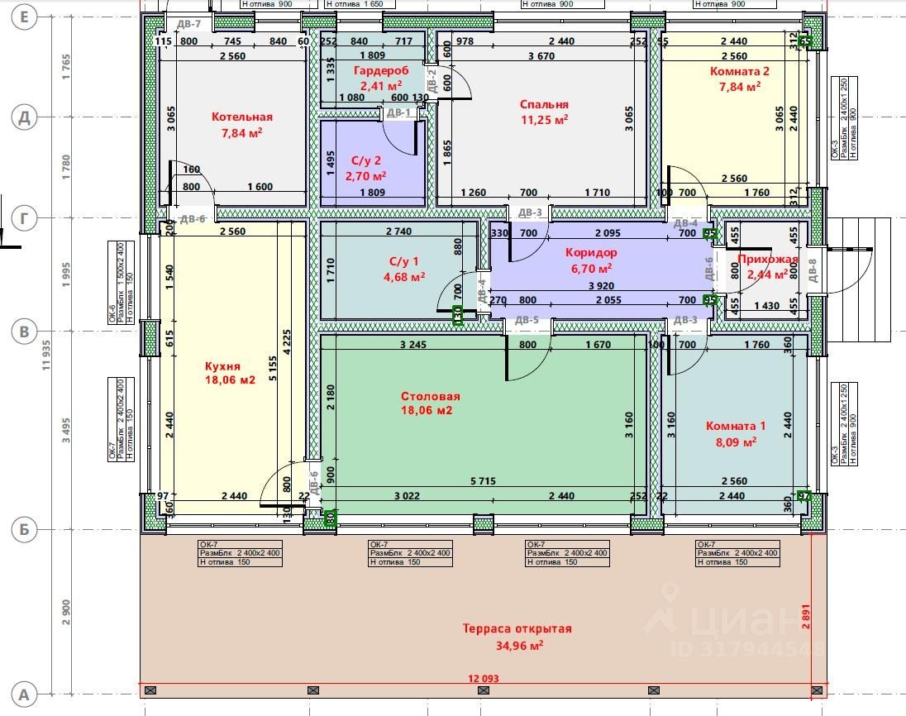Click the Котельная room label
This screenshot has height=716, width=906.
coord(241,117)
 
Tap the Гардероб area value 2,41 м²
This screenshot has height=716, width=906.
coord(381,84)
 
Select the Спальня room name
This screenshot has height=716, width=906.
coord(544,104)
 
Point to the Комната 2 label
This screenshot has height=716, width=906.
coord(739,71)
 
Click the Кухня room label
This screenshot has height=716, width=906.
coord(222,365)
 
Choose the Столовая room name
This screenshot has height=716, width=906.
coord(431,396)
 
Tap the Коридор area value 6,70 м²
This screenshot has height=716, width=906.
coord(591,268)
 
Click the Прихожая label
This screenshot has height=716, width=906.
coord(768,260)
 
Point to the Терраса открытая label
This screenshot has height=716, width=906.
coord(517,628)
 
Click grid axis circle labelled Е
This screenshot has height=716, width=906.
coord(24,17)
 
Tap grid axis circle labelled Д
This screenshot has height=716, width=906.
coord(24,117)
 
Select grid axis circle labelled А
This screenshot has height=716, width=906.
coord(24,694)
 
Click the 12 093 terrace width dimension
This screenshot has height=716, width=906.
coord(484,679)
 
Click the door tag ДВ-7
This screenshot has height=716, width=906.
coord(189,24)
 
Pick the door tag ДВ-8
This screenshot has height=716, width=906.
coord(813,271)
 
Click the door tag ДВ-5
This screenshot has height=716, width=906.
coord(527,320)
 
